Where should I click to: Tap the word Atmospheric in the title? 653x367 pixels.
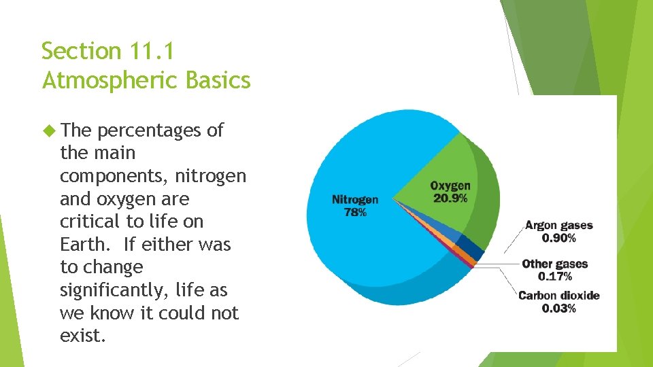(109, 81)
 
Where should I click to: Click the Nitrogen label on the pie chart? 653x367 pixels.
(354, 200)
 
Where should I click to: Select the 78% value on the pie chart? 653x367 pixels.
(354, 212)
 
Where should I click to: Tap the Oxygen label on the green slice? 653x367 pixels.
(450, 186)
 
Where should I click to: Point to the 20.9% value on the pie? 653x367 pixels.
(450, 198)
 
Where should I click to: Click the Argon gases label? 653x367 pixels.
(558, 226)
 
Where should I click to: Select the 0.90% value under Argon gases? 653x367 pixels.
(558, 238)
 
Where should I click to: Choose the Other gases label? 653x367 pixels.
(554, 264)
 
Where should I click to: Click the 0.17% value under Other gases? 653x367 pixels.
(554, 277)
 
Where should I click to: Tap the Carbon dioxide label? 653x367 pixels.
(558, 296)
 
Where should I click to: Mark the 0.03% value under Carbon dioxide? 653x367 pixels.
(558, 308)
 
